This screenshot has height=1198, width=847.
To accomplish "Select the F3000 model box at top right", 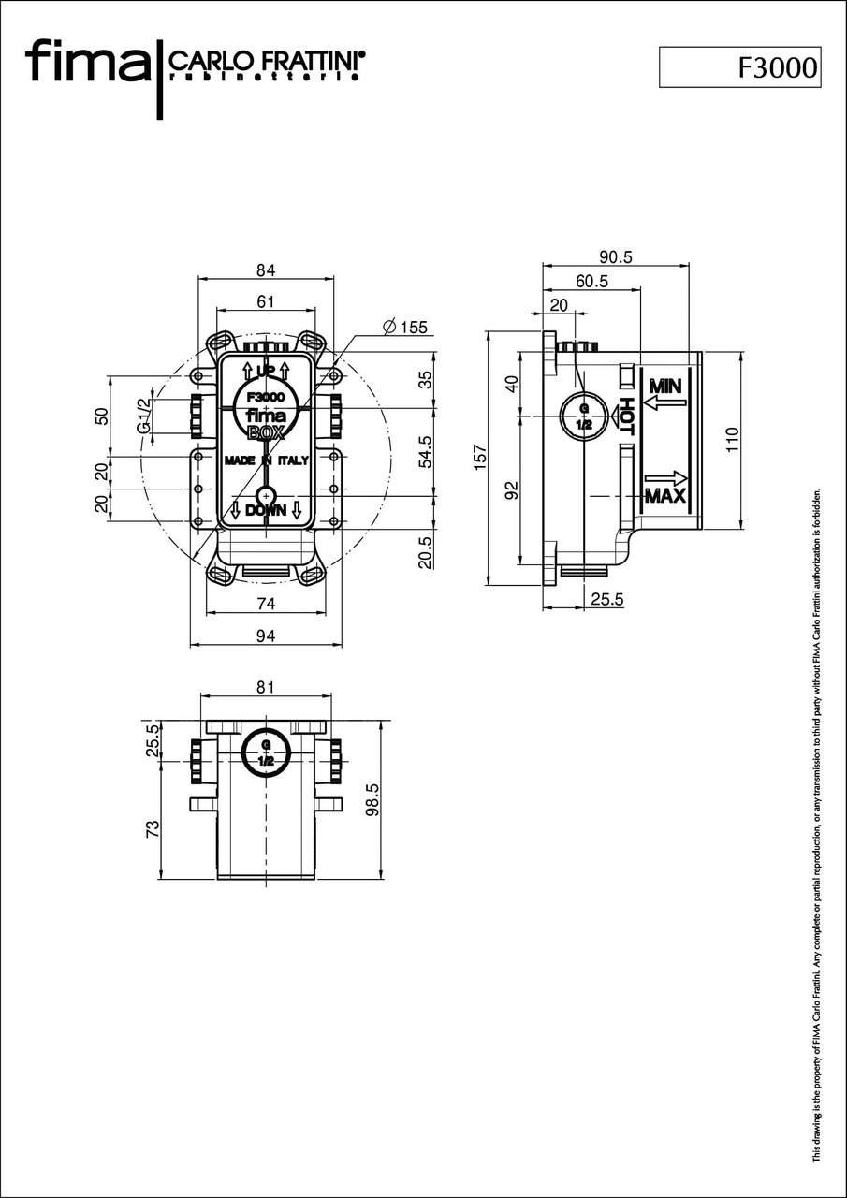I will (x=739, y=67).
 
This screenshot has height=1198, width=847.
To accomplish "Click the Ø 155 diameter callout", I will (x=404, y=327).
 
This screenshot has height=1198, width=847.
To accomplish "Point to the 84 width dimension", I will (x=266, y=270).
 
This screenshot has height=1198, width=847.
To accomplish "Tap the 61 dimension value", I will (x=266, y=300).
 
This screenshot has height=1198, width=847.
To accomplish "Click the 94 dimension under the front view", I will (x=266, y=636).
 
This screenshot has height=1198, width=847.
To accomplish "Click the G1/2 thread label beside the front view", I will (x=143, y=415).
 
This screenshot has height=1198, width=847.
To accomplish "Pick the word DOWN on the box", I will (x=266, y=510).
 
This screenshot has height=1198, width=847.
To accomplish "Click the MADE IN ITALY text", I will (x=266, y=460).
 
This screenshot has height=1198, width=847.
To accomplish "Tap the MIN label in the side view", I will (x=664, y=386).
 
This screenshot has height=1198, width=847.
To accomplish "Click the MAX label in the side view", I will (x=664, y=496).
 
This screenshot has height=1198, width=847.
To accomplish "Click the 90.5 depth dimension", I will (x=615, y=256).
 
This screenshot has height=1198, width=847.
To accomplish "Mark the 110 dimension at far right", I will (x=732, y=440).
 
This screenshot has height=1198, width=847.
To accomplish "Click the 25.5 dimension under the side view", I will (x=606, y=599).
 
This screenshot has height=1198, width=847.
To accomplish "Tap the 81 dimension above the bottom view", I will (x=266, y=687).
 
